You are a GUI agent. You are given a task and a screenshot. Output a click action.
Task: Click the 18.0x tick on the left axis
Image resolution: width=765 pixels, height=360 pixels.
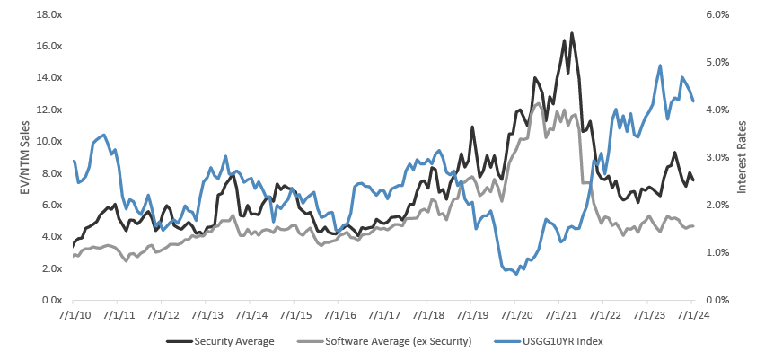[48, 14]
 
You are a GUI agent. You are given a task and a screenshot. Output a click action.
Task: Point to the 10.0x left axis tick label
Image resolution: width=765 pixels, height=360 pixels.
[48, 141]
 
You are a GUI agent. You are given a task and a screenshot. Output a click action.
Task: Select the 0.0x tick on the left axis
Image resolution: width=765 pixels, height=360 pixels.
[50, 300]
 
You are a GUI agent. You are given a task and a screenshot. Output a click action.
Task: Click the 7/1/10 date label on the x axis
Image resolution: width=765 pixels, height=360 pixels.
[72, 315]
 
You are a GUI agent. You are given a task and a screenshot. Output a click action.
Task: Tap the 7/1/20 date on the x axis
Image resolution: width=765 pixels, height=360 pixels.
[515, 315]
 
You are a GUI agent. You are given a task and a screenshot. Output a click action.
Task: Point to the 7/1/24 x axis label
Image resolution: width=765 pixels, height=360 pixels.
[692, 315]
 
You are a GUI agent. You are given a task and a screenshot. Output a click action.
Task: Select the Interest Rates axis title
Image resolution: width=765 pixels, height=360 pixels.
[743, 157]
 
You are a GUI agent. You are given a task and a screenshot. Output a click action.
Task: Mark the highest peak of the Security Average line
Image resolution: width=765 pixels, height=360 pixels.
[571, 34]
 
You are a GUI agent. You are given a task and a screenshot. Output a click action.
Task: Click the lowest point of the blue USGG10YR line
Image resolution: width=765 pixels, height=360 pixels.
[516, 274]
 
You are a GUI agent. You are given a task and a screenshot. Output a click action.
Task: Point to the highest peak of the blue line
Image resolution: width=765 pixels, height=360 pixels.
[660, 65]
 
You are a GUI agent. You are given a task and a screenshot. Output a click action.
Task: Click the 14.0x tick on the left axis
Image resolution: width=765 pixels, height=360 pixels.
[48, 77]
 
